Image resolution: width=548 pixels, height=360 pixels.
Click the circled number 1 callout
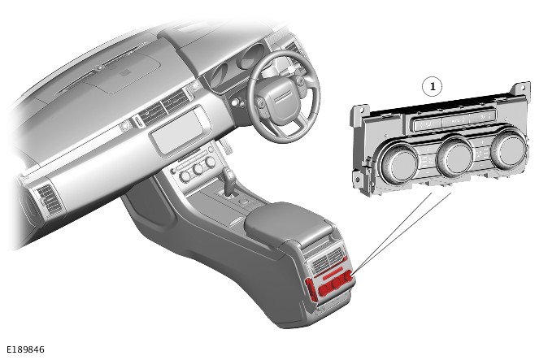tap(433, 86)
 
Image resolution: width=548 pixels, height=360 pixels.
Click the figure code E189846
tap(26, 349)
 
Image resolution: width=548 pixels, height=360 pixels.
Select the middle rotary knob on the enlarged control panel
tap(455, 157)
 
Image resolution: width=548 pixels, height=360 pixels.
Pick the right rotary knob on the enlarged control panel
tap(509, 150)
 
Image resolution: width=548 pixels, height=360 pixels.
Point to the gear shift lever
tap(229, 180)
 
